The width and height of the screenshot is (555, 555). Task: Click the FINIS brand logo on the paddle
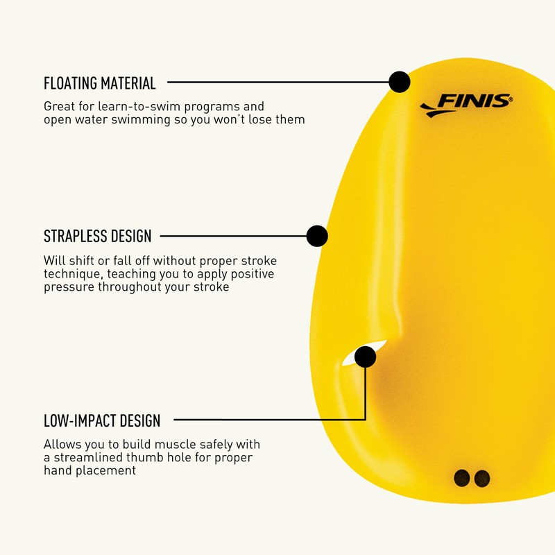(x=466, y=105)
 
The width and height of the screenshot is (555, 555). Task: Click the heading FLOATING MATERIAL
(x=100, y=84)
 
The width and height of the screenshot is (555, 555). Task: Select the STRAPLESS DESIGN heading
(x=97, y=237)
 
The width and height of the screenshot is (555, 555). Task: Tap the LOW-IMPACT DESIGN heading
(x=102, y=420)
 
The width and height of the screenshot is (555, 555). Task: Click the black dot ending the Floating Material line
(x=399, y=82)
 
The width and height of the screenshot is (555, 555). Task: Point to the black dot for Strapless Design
(x=317, y=236)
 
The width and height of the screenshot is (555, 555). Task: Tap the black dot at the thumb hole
(x=365, y=357)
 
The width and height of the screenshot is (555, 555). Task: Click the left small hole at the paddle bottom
(x=461, y=477)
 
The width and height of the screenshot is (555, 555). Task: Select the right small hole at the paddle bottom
(x=482, y=478)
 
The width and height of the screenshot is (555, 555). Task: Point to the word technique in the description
(x=70, y=274)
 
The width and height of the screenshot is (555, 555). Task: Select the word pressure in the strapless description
(x=68, y=287)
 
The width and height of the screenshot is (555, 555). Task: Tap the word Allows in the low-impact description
(x=61, y=444)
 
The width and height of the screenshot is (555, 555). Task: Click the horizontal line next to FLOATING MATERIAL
(x=277, y=82)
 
